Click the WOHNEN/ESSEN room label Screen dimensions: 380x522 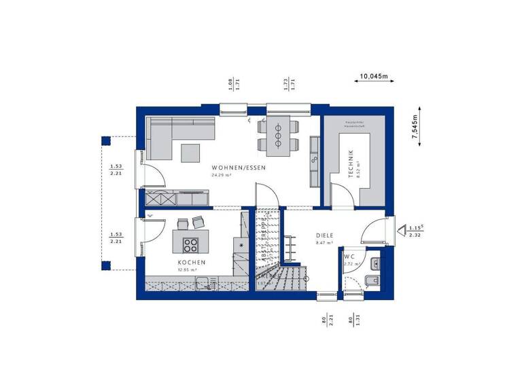point(237,168)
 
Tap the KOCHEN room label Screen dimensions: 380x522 point(192,263)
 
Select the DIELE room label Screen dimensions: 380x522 point(324,235)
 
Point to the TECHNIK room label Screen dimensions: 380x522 point(351,164)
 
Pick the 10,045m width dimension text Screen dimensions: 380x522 point(374,76)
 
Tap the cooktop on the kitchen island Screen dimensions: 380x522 point(189,245)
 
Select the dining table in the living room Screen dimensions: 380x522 point(278,135)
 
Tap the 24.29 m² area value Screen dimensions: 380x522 point(222,175)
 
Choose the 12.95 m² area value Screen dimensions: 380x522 point(188,270)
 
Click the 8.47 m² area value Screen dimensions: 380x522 point(324,242)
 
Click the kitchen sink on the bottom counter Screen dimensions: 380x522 point(202,284)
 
